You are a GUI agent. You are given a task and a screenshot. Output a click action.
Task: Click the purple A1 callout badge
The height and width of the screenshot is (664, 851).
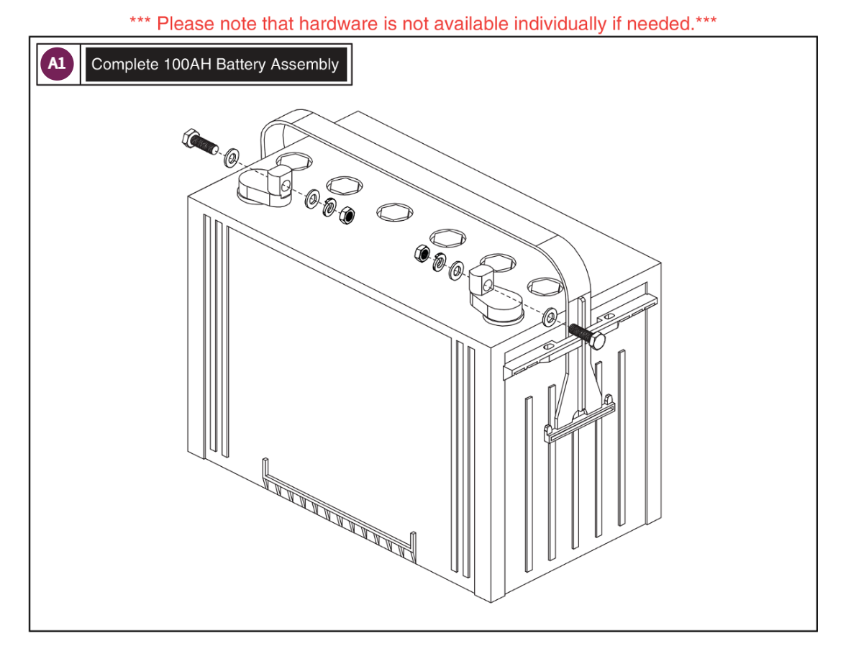57,64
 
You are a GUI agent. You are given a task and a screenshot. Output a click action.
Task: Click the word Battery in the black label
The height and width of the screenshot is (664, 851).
241,65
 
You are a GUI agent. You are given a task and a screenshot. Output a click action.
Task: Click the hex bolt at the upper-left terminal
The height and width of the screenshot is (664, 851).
196,142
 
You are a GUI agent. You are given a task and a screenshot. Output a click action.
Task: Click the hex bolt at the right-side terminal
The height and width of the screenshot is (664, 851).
588,336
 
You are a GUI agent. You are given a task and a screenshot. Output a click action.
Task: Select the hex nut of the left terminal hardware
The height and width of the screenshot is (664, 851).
346,214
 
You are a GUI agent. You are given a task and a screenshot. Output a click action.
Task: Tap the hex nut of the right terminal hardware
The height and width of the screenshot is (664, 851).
422,253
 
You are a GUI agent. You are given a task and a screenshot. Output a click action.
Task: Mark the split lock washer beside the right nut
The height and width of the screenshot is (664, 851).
438,263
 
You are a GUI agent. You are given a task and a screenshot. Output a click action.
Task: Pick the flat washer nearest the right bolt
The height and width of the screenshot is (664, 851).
550,316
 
